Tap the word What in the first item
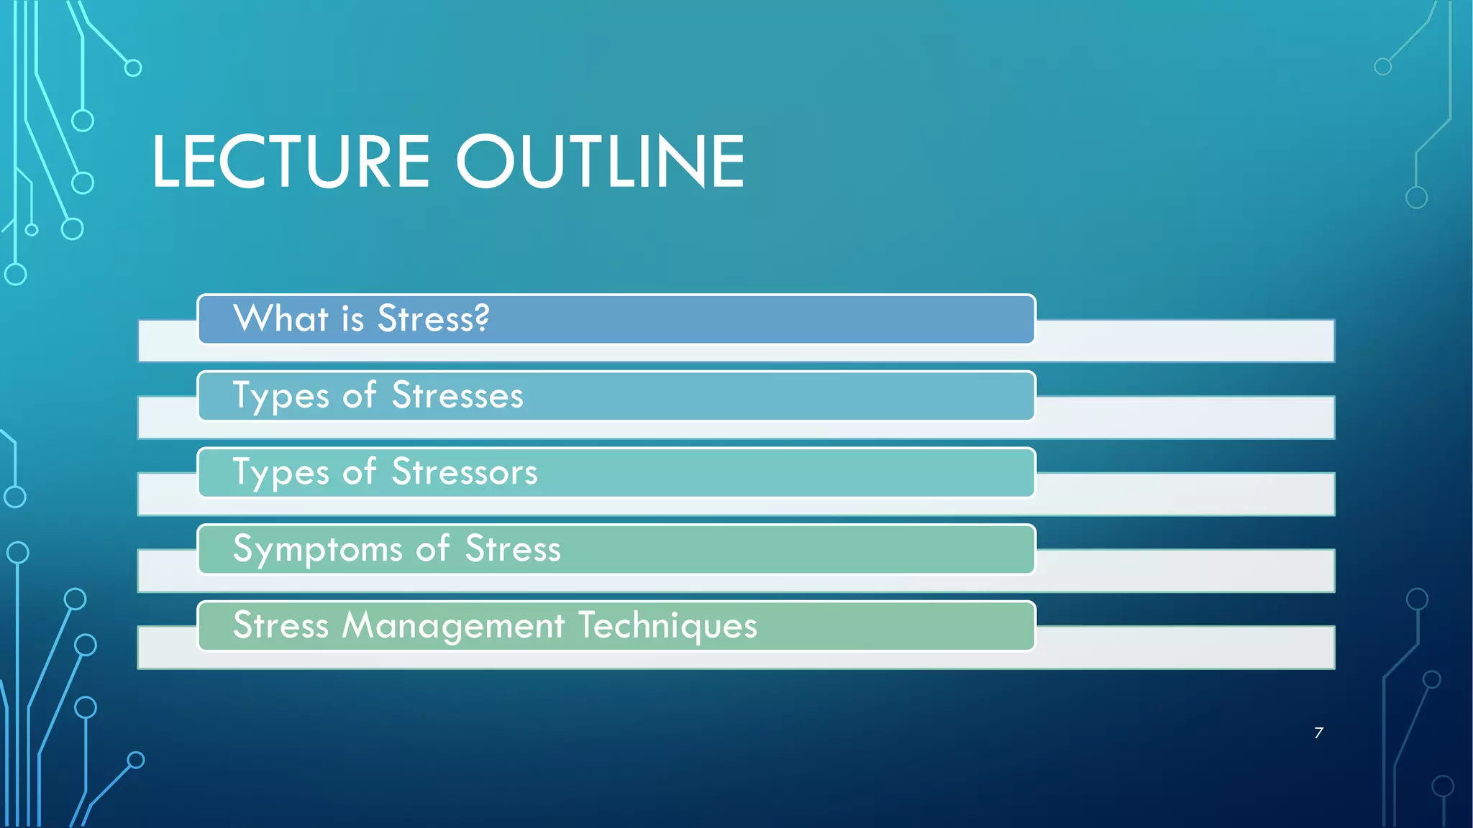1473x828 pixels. tap(281, 318)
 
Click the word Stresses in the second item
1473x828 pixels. tap(457, 395)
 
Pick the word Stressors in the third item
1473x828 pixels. tap(465, 472)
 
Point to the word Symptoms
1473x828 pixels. tap(317, 550)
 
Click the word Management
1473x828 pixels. tap(453, 625)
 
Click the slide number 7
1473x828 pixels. tap(1318, 732)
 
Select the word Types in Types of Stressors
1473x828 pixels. tap(281, 473)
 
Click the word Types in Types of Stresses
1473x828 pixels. tap(281, 396)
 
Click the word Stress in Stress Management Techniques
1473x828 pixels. tap(281, 625)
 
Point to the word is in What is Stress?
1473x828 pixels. tap(352, 318)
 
